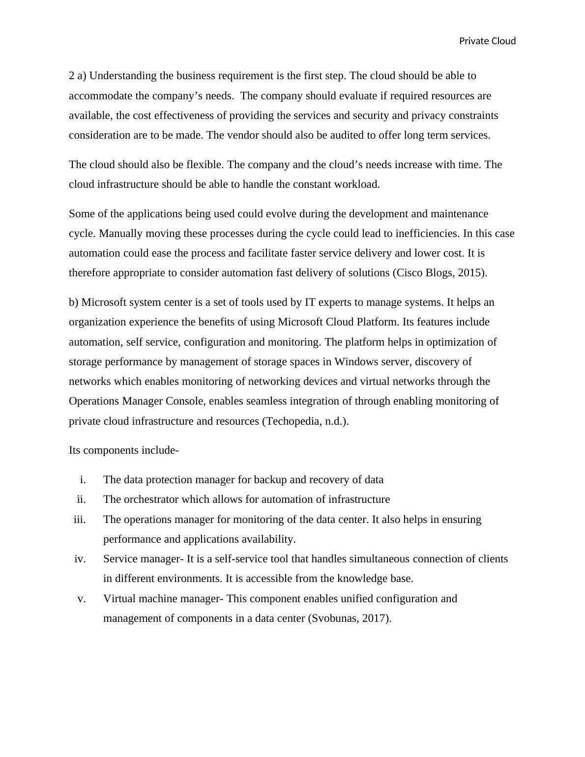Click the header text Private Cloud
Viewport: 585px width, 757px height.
[487, 41]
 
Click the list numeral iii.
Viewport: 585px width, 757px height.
[80, 520]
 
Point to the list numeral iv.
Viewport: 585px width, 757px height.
[80, 559]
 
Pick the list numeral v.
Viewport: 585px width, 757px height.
[82, 599]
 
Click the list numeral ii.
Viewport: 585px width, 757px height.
[81, 499]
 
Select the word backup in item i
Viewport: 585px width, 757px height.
[270, 480]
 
